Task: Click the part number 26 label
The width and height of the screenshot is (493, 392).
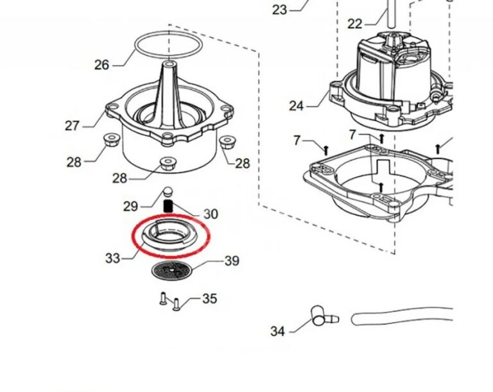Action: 101,65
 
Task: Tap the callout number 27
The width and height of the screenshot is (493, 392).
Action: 72,126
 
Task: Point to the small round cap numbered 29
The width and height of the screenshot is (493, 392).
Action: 169,191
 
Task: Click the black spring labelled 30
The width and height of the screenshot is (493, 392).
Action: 169,206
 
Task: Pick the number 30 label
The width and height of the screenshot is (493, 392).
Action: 211,214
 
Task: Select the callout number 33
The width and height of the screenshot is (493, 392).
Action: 112,259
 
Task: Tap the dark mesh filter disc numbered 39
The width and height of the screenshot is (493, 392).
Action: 172,270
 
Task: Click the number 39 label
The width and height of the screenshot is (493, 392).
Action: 232,261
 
